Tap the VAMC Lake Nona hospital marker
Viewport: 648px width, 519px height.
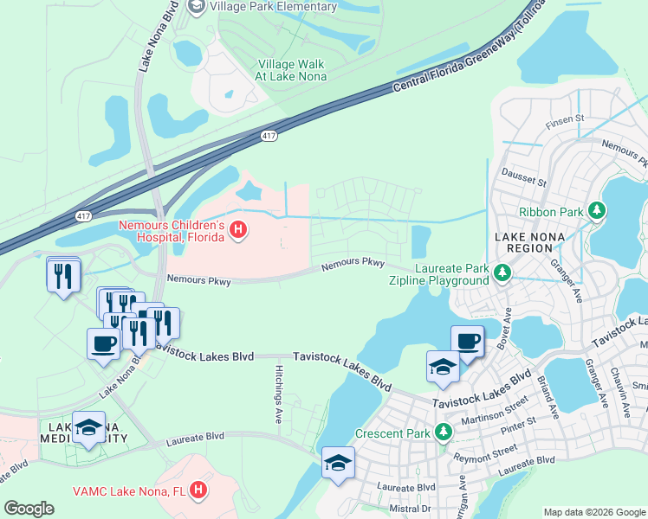point(199,490)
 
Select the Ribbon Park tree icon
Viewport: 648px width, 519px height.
point(596,210)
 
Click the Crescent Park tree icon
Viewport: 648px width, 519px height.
point(444,431)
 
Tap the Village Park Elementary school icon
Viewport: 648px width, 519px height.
point(196,7)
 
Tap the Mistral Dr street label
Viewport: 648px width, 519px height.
point(411,509)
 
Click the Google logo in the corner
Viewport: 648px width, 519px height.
point(29,509)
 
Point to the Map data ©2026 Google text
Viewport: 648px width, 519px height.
point(593,512)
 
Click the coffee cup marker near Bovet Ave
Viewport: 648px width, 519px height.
point(468,342)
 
